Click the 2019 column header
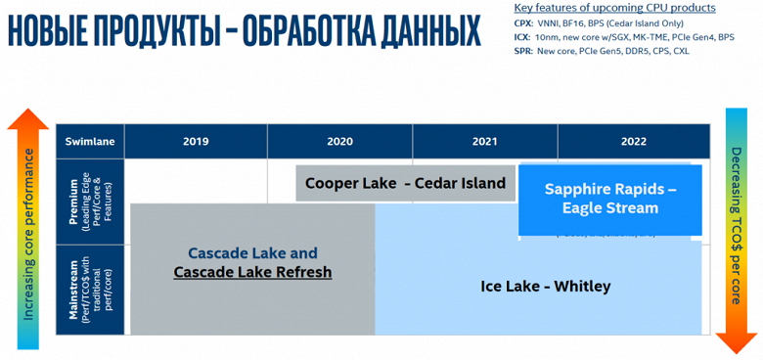196,141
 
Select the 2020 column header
339,141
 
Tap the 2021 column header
484,141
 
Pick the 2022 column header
633,141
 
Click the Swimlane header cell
90,141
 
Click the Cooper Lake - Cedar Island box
405,183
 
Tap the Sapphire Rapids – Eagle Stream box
610,198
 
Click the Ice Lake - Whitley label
545,287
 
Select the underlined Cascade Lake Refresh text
252,272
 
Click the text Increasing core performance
29,235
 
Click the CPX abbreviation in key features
524,22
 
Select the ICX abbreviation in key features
523,37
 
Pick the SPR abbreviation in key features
523,51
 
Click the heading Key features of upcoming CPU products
614,8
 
